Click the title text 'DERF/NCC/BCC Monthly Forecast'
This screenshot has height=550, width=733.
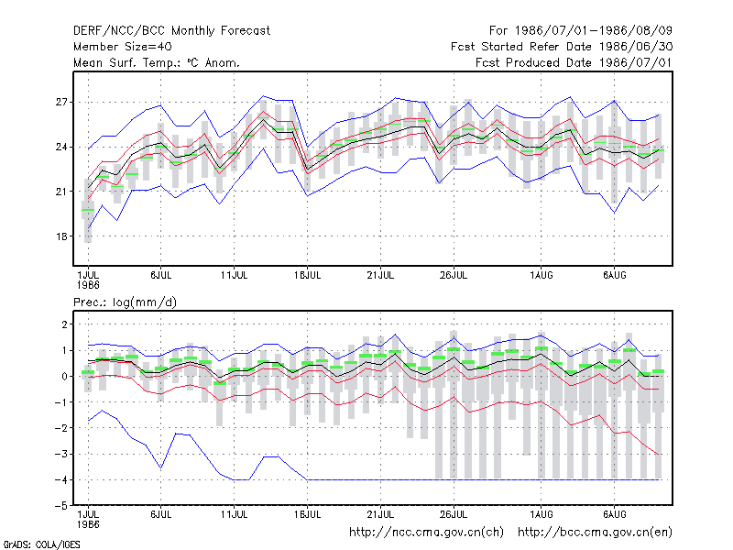(171, 31)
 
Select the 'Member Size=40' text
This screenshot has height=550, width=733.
(123, 47)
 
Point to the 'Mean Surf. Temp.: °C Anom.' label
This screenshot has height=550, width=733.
(157, 62)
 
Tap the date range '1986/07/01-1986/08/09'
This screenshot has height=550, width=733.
(593, 31)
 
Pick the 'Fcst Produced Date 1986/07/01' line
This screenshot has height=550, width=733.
(574, 62)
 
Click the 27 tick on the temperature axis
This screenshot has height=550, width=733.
(61, 102)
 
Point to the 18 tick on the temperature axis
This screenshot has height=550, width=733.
(61, 236)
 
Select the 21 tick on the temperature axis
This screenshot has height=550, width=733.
(61, 192)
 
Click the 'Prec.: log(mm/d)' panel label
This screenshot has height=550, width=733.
(125, 302)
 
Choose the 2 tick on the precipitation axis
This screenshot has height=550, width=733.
(64, 324)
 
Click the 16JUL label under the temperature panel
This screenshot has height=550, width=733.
(308, 276)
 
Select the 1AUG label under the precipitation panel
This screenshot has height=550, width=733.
(542, 514)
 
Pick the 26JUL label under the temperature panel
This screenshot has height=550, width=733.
(454, 276)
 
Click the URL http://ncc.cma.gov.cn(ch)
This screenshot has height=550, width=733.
(426, 533)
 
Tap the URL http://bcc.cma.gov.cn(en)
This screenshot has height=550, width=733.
(595, 533)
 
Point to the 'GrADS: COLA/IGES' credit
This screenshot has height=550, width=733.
(41, 544)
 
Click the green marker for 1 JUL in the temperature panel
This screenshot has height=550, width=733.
(88, 210)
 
